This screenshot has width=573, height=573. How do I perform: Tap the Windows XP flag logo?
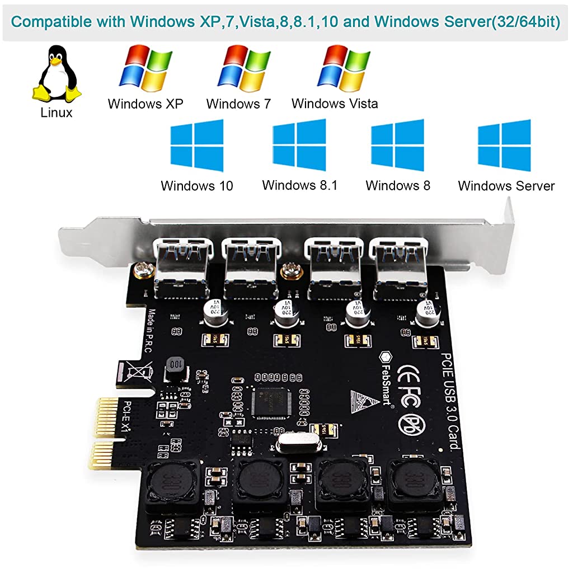[x=145, y=69]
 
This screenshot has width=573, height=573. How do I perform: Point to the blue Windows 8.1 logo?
[x=299, y=145]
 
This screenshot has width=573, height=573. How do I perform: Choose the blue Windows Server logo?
[x=504, y=145]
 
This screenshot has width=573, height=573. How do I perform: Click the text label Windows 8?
[x=398, y=186]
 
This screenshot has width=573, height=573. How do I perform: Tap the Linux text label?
[x=57, y=112]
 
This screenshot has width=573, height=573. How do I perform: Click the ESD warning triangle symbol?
[x=358, y=401]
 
